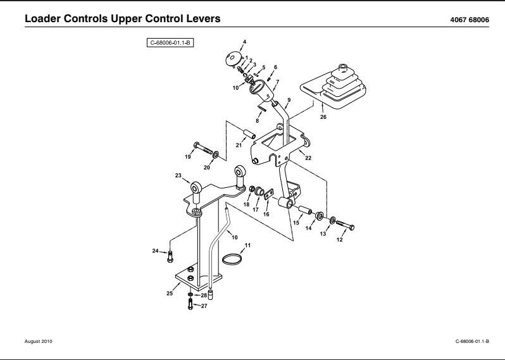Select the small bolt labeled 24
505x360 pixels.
pyautogui.click(x=170, y=258)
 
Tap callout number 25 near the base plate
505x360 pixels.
pyautogui.click(x=170, y=293)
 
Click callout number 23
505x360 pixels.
pyautogui.click(x=178, y=175)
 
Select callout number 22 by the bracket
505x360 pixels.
pyautogui.click(x=308, y=158)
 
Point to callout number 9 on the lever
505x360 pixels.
pyautogui.click(x=289, y=100)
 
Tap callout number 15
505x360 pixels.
pyautogui.click(x=296, y=223)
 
